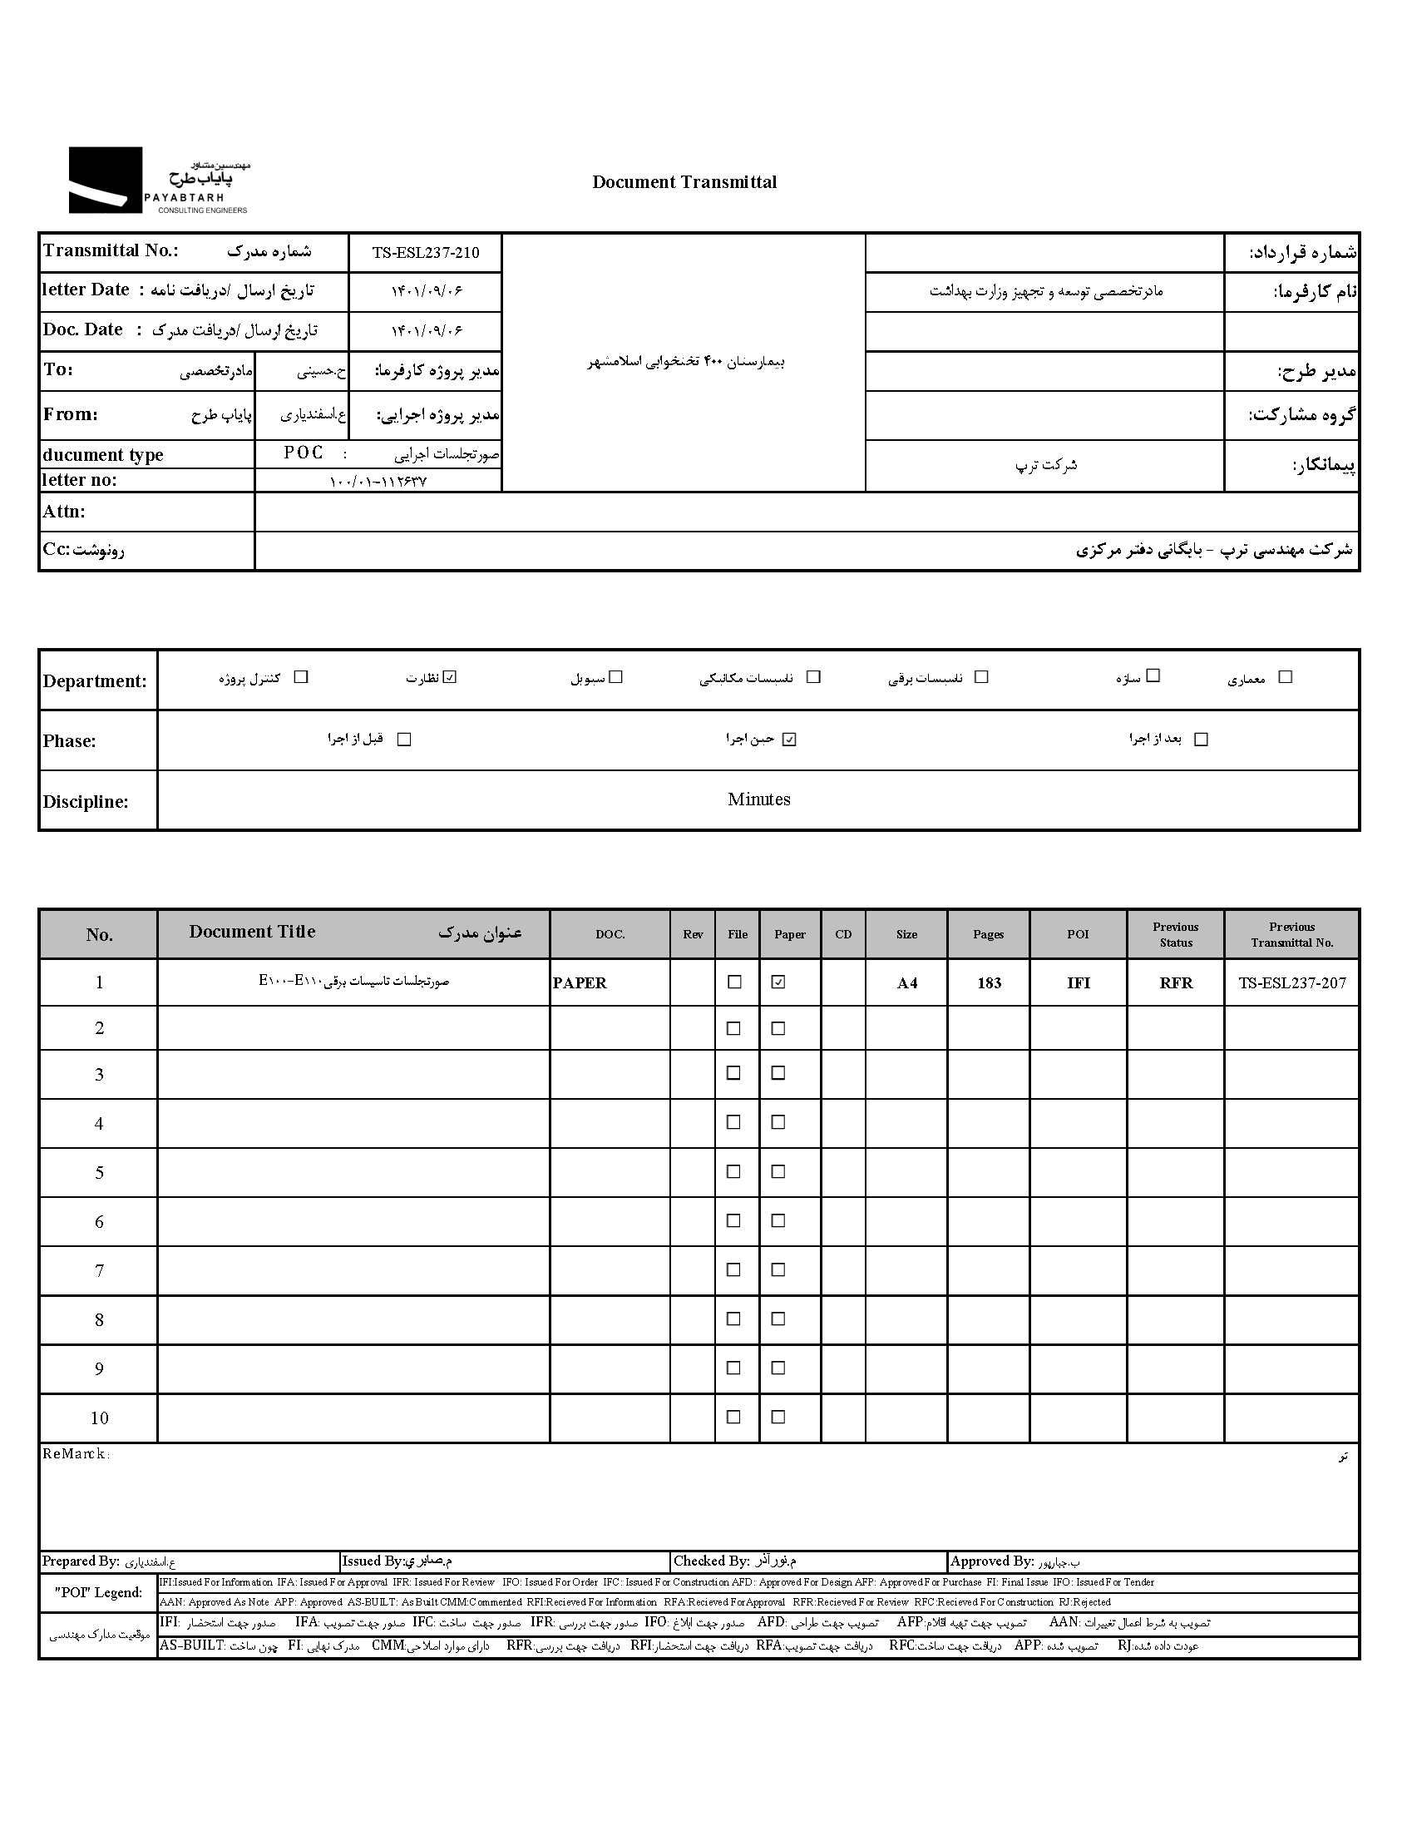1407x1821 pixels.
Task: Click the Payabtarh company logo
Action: (158, 181)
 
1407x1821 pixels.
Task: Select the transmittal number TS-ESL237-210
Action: (425, 253)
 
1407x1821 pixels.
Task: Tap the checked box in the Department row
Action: (450, 677)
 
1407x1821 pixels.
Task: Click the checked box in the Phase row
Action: (789, 739)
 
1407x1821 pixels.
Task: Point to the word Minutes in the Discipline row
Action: (758, 799)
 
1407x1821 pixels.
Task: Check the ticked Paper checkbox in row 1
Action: (778, 982)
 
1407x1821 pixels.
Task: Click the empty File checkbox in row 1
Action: (734, 982)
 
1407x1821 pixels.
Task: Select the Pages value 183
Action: (989, 983)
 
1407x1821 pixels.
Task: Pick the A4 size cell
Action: (907, 983)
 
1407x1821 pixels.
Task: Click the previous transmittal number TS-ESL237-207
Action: (1292, 983)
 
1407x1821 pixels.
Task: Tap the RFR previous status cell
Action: (1176, 983)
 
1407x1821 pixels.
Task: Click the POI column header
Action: (1078, 935)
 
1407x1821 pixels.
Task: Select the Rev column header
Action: (693, 935)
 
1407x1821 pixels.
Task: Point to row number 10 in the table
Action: (99, 1418)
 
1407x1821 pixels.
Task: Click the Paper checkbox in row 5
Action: (778, 1171)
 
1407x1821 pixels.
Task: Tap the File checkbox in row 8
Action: (733, 1319)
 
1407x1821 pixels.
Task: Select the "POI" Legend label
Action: (98, 1592)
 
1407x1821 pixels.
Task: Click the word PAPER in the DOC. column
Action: (580, 983)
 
